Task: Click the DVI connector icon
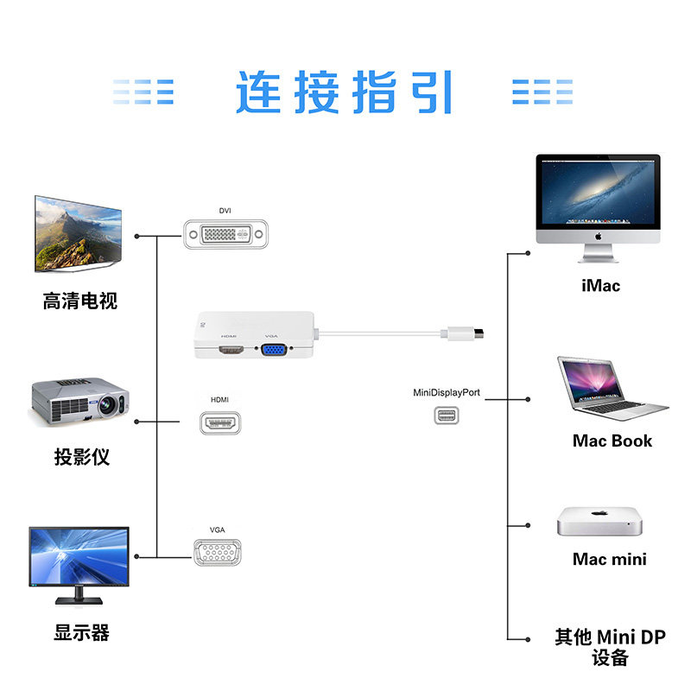click(x=225, y=234)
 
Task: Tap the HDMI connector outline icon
click(x=220, y=423)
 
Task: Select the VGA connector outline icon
click(x=218, y=552)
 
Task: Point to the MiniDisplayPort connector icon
click(x=447, y=415)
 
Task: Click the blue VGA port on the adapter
click(x=274, y=350)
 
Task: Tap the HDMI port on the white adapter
click(x=231, y=351)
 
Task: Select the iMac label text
click(x=600, y=286)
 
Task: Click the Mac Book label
click(x=612, y=441)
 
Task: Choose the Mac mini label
click(x=610, y=559)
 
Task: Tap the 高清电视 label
click(x=80, y=301)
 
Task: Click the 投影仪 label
click(x=81, y=457)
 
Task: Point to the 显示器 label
click(x=81, y=632)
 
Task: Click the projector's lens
click(x=107, y=404)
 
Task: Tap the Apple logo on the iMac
click(x=598, y=237)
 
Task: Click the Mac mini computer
click(x=599, y=522)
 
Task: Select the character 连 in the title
click(x=258, y=92)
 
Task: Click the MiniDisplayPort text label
click(x=447, y=393)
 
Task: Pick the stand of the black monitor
click(x=79, y=596)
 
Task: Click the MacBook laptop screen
click(x=592, y=380)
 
